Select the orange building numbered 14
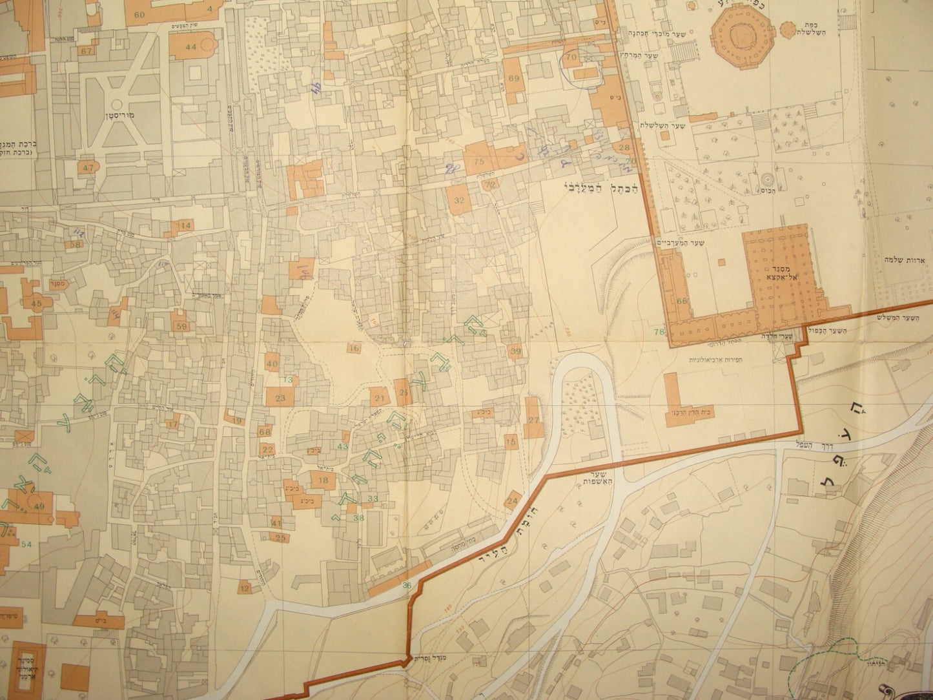(185, 225)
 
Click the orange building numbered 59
(181, 327)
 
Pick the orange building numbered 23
(280, 398)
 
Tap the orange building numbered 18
(323, 480)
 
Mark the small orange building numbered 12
(244, 588)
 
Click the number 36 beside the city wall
(406, 586)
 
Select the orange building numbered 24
(513, 500)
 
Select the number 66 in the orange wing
(683, 301)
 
